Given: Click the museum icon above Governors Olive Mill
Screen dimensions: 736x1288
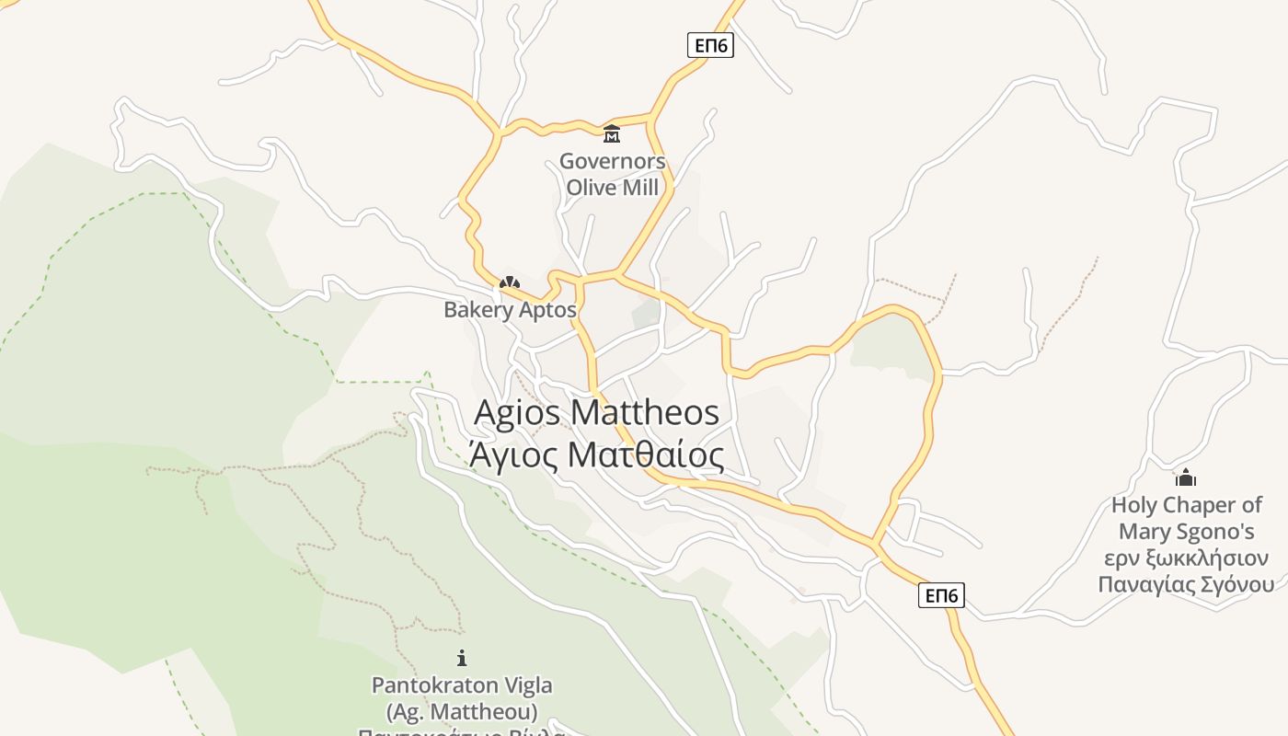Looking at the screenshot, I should (x=612, y=134).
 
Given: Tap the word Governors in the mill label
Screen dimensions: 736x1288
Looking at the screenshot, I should (x=612, y=162).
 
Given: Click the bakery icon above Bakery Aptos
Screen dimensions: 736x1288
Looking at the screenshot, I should (x=510, y=282).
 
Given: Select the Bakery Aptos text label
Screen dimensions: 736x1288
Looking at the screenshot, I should (x=510, y=310).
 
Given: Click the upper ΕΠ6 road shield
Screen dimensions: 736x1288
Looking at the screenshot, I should (x=710, y=45).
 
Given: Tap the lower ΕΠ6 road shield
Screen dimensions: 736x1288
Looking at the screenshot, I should (x=941, y=596).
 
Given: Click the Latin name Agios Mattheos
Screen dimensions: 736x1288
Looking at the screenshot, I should (x=596, y=412).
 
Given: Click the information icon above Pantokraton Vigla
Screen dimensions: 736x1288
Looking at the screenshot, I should (x=462, y=658).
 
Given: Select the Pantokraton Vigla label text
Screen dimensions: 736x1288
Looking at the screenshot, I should (x=462, y=685).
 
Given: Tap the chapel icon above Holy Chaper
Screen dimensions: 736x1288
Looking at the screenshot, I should (x=1186, y=477).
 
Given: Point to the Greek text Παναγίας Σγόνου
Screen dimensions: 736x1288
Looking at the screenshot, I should (x=1187, y=585).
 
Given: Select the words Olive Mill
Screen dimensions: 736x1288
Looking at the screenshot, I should (x=612, y=188).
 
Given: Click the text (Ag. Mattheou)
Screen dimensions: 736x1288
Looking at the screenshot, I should (x=462, y=711).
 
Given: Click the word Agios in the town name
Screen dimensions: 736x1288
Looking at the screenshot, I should (x=516, y=412).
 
